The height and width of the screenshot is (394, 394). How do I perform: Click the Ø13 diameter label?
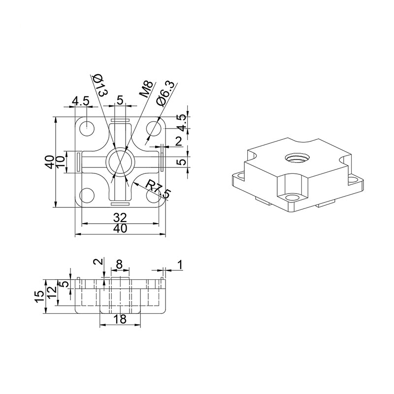pyautogui.click(x=100, y=85)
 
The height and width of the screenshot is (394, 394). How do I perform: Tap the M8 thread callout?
pyautogui.click(x=146, y=89)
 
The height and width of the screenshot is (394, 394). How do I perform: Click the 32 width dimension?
pyautogui.click(x=120, y=217)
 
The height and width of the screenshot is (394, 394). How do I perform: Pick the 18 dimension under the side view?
pyautogui.click(x=120, y=319)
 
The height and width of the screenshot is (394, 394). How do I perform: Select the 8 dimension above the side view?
pyautogui.click(x=119, y=264)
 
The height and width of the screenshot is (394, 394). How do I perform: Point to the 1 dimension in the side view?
pyautogui.click(x=180, y=265)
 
